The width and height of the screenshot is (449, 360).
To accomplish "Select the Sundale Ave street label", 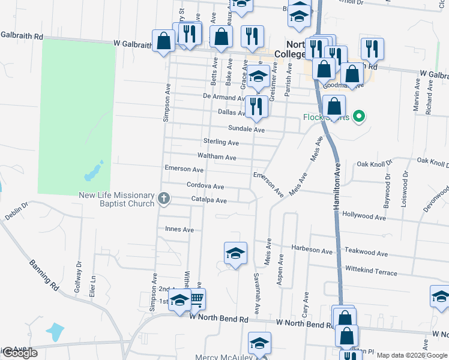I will coord(246,129).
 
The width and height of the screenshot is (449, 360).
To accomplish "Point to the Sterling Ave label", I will coord(221,143).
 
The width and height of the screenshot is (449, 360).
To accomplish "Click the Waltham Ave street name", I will coord(217,157).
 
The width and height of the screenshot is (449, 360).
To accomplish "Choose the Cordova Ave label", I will coord(205,187).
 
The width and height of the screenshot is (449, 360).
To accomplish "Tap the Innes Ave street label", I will coord(179,229).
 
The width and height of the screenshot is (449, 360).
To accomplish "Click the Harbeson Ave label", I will coord(312,251).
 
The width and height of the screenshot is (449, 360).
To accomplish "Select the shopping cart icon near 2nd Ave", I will coord(197,298).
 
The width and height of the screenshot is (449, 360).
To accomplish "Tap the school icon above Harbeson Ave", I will coord(236,253).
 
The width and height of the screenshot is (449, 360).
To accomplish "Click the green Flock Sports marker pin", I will coord(359,116).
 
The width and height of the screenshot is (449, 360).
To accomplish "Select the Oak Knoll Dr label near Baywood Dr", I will coord(374,163).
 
